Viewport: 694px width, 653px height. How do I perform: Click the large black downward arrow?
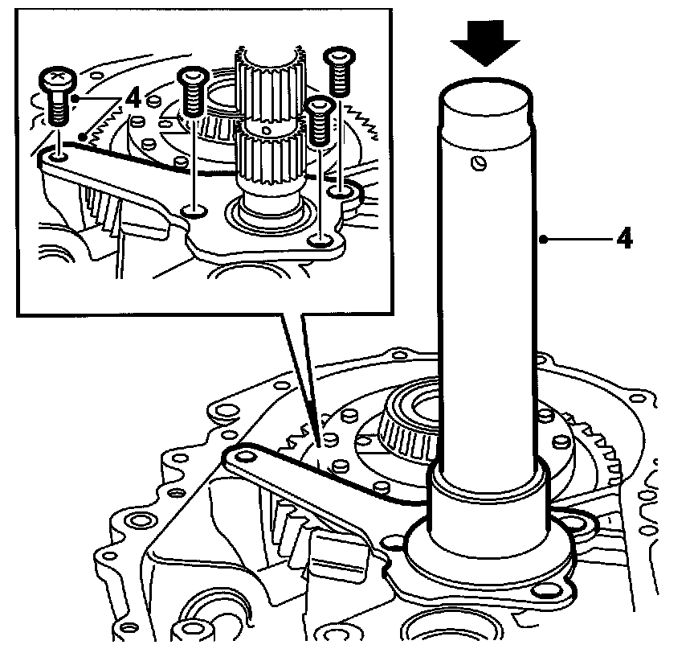tap(484, 42)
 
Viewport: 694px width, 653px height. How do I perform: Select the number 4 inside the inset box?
tap(133, 100)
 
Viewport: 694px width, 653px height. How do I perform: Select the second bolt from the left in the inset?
tap(192, 90)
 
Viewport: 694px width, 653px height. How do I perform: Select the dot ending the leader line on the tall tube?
tap(545, 239)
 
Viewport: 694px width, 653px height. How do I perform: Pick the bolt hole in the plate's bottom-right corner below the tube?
tap(548, 592)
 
